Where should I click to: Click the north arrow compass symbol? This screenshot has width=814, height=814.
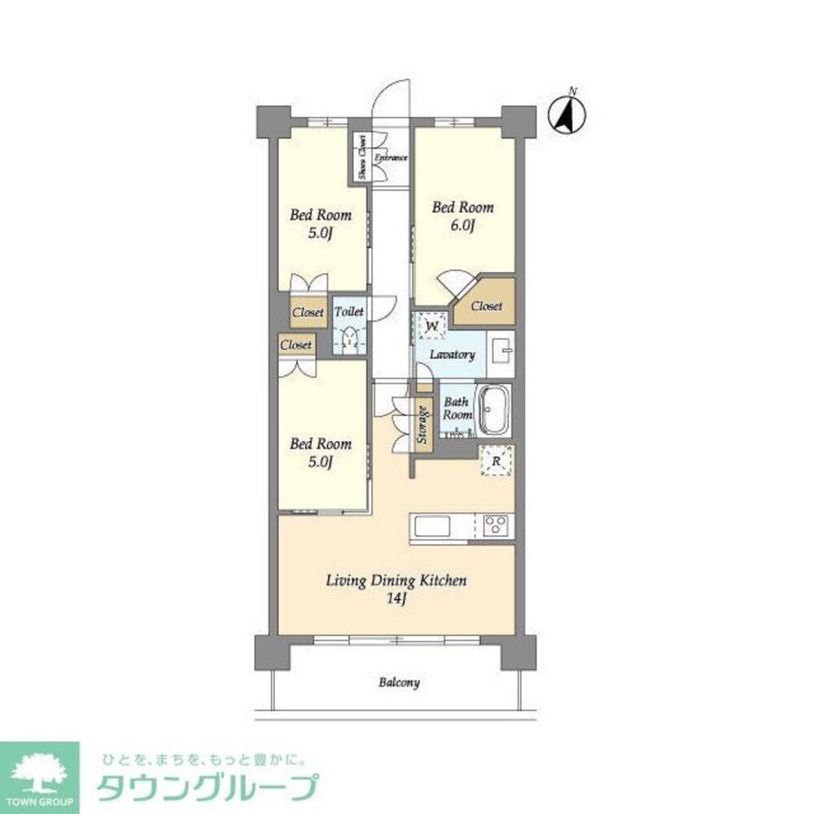[567, 115]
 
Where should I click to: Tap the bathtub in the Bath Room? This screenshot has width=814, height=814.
[493, 409]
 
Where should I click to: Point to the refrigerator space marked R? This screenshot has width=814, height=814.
[497, 462]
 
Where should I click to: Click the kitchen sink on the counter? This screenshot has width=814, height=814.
[440, 526]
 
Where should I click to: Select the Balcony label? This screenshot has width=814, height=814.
[399, 683]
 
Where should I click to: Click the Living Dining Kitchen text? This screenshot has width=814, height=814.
[396, 581]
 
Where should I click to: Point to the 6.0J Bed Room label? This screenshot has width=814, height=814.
[462, 217]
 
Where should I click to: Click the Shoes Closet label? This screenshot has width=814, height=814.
[360, 157]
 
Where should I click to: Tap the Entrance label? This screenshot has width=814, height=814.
[390, 157]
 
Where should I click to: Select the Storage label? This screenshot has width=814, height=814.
[422, 424]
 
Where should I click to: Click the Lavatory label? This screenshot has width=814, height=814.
[453, 355]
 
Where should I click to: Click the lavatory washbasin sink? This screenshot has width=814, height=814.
[501, 352]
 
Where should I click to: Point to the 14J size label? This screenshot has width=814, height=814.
[396, 600]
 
